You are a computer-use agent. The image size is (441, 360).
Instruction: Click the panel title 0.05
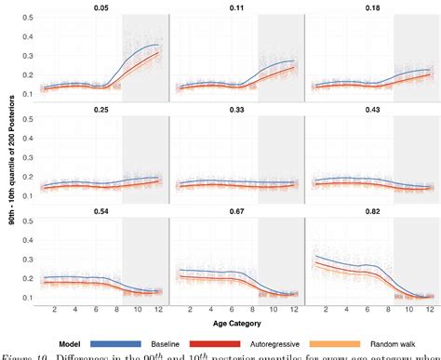coord(100,7)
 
